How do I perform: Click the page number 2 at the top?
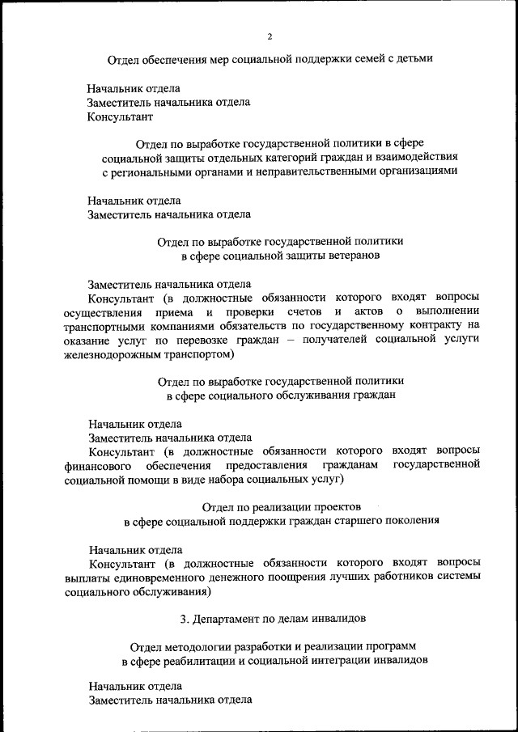tap(270, 36)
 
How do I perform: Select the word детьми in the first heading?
tap(414, 58)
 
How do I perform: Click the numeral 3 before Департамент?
tap(185, 619)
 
